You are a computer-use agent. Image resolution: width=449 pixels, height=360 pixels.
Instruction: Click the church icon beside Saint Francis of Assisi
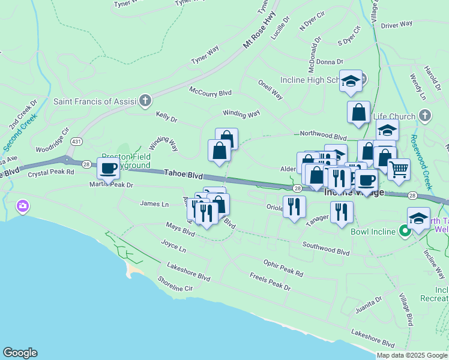[145, 101]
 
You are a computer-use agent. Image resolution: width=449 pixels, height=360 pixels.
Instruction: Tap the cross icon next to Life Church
[425, 115]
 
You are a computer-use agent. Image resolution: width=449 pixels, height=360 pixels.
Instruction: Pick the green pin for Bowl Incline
[405, 231]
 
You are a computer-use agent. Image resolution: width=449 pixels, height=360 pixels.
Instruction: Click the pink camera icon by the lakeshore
[23, 206]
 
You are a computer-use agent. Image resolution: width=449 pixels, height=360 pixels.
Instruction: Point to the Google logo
[20, 353]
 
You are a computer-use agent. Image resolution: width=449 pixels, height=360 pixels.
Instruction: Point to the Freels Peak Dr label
[270, 281]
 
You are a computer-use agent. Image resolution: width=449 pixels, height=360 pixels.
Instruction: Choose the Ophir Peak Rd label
[283, 268]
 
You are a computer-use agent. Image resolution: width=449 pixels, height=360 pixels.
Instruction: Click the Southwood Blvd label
[326, 248]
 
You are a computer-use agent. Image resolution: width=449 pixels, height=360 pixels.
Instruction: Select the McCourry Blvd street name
[210, 92]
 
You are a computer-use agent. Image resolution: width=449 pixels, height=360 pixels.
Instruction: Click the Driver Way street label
[397, 25]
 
